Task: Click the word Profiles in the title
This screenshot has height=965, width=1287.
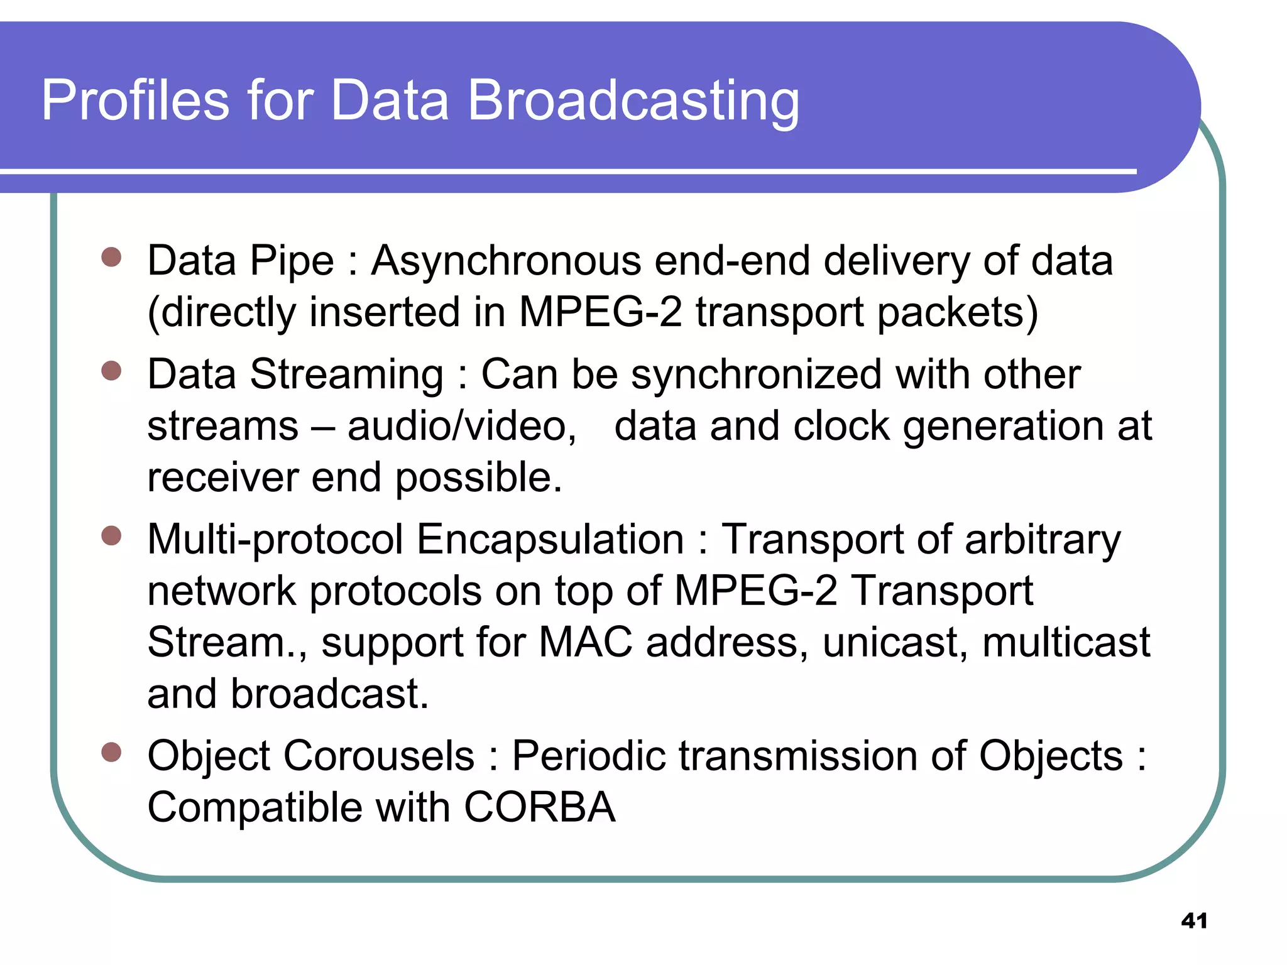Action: (135, 101)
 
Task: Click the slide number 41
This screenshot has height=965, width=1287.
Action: (1194, 921)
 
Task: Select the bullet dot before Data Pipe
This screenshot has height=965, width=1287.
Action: (111, 257)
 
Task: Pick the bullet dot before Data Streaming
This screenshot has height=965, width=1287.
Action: (111, 371)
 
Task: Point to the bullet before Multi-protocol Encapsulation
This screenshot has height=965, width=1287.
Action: (111, 536)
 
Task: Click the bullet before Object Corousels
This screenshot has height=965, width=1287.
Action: (111, 752)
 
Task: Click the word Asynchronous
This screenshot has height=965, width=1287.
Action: (506, 261)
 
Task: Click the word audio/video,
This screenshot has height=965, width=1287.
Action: (462, 427)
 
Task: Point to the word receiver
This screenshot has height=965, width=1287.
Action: (222, 477)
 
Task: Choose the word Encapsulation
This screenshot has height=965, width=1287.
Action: (550, 540)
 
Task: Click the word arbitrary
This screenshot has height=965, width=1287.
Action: (1043, 540)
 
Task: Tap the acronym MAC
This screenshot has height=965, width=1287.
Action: (586, 643)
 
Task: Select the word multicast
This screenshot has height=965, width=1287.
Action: (1066, 643)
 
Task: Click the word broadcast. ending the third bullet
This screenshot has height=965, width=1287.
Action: (329, 694)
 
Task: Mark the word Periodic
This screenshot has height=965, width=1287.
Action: (588, 756)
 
